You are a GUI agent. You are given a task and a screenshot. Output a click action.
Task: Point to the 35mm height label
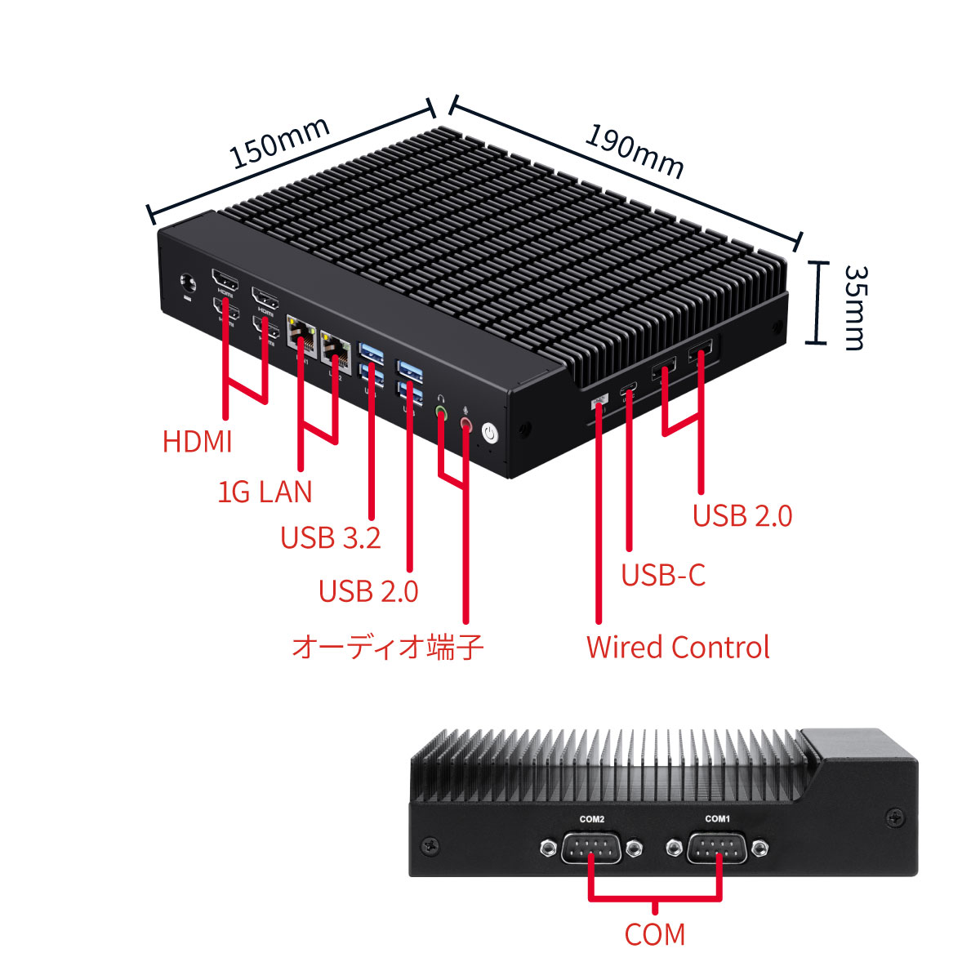[854, 306]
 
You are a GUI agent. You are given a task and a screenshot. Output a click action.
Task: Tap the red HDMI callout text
[198, 442]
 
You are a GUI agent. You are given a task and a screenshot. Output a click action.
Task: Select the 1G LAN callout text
[265, 492]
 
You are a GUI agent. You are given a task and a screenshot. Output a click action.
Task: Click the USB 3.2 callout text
[330, 537]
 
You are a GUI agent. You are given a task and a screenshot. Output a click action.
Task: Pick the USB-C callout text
[662, 575]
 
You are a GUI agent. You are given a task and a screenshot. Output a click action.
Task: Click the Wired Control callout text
[678, 648]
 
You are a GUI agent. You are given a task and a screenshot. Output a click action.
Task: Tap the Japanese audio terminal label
[388, 648]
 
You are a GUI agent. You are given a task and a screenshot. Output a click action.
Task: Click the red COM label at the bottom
[654, 934]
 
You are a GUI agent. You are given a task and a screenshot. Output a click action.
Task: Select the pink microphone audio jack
[466, 423]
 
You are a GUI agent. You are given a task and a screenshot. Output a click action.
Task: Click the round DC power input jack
[189, 283]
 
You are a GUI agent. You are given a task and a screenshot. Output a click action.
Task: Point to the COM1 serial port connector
[716, 849]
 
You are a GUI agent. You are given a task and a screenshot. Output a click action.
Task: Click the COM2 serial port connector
[591, 849]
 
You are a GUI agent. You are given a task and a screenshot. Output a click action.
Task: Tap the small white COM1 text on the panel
[717, 818]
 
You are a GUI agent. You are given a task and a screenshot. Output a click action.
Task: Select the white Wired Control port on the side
[599, 400]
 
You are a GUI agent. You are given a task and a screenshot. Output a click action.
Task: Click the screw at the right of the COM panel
[895, 815]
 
